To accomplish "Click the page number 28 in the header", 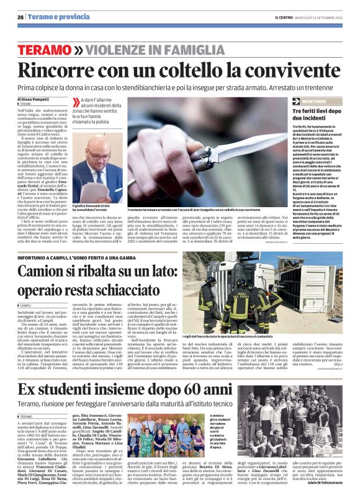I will click(x=20, y=17).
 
